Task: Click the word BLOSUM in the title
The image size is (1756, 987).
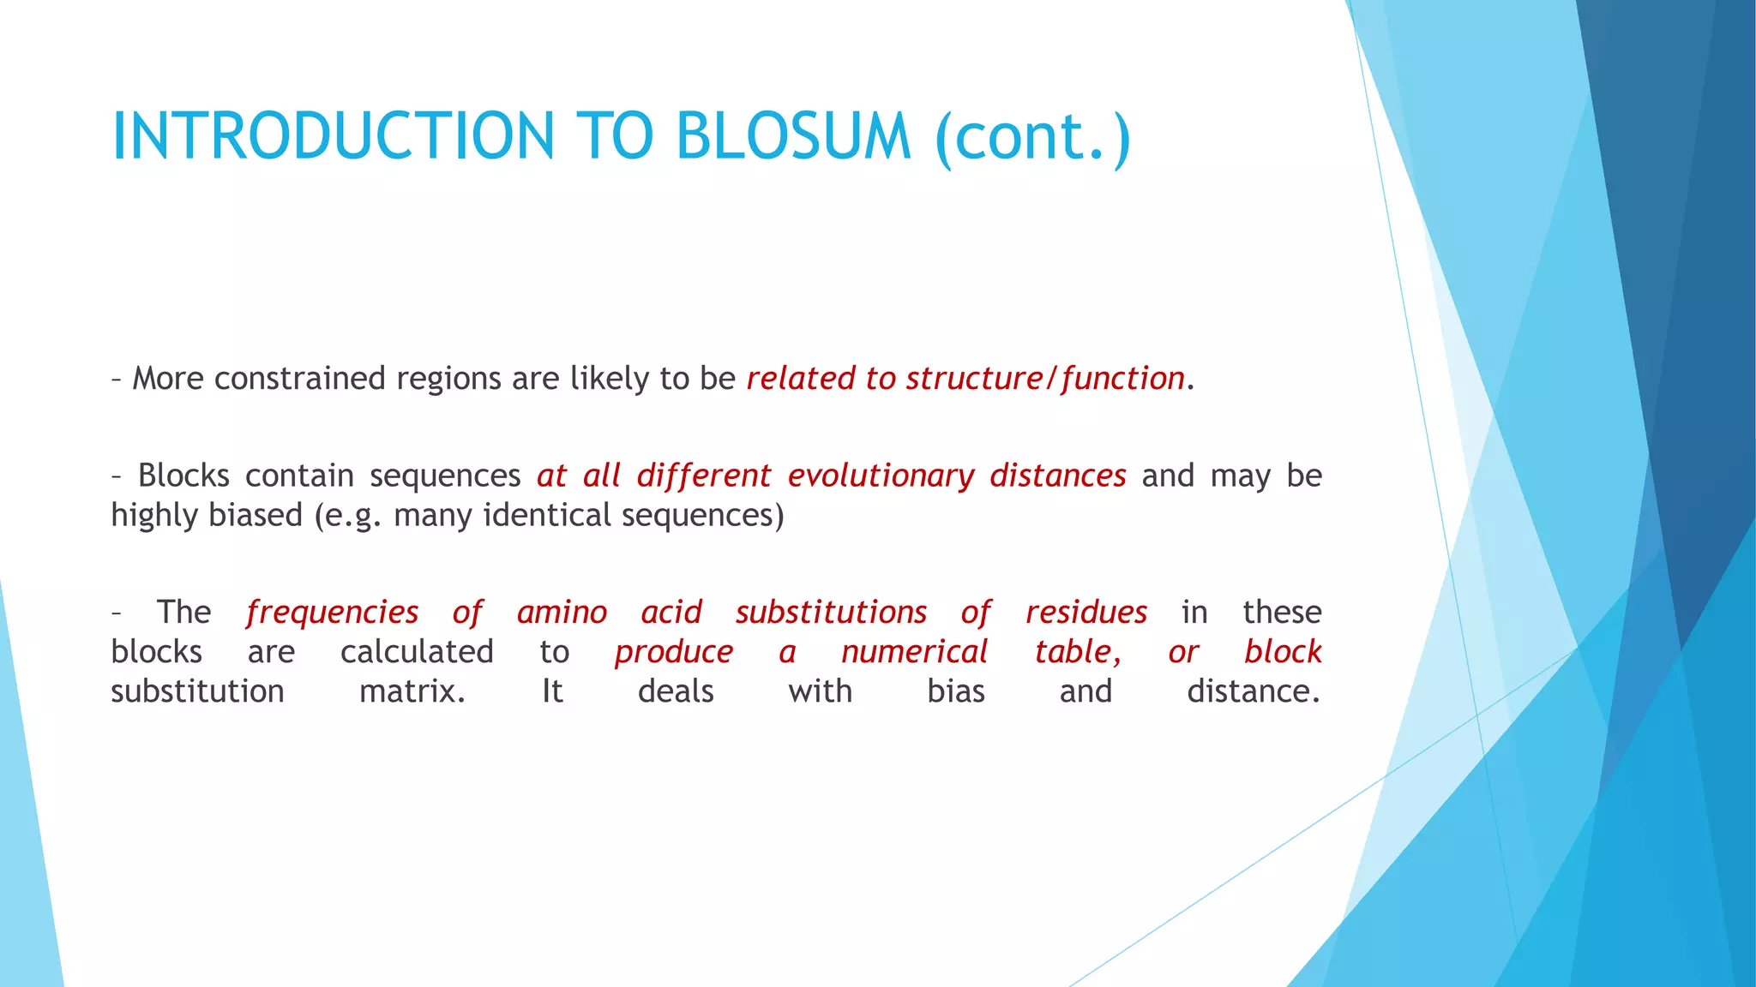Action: [x=792, y=137]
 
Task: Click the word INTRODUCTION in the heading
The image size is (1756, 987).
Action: [x=334, y=137]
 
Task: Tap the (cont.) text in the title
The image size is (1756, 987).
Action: [x=1033, y=137]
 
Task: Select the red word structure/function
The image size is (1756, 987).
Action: [x=1045, y=379]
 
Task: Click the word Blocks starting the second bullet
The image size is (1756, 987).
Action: [x=183, y=476]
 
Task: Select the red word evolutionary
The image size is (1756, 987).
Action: [x=881, y=476]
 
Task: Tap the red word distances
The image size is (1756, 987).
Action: [x=1057, y=476]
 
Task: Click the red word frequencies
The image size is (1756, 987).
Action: [x=332, y=613]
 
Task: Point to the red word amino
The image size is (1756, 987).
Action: [x=562, y=613]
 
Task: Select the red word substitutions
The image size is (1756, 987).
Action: [x=831, y=613]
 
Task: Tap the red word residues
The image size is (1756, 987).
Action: [x=1085, y=613]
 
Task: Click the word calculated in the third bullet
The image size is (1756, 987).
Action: [x=417, y=652]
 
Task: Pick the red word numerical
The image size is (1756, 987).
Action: [x=914, y=652]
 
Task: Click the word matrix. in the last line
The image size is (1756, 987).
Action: [x=412, y=691]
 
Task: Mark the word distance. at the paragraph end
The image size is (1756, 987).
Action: [x=1253, y=691]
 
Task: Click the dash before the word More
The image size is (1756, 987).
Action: [x=116, y=379]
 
